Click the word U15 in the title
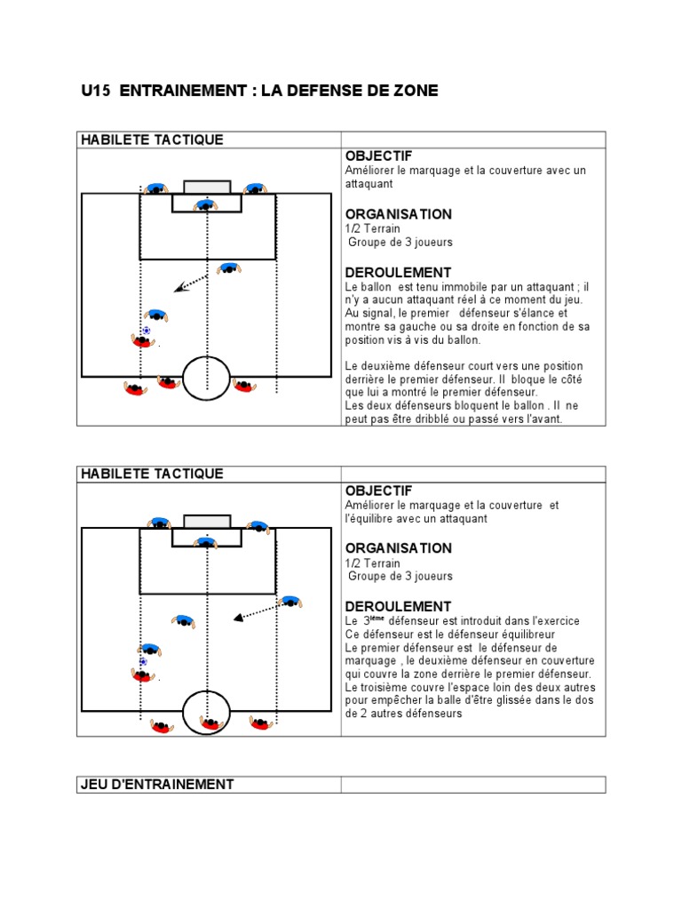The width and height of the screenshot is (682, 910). (95, 91)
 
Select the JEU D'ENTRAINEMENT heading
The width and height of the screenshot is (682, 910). (157, 784)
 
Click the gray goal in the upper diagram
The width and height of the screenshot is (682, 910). (207, 187)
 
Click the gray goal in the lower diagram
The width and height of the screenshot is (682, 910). (207, 521)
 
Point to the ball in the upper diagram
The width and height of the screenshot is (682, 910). (147, 331)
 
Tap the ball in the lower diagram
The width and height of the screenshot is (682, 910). (143, 662)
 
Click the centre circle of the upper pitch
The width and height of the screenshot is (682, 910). (207, 379)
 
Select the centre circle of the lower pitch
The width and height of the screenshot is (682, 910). (207, 712)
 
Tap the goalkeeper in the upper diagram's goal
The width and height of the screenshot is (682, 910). (206, 205)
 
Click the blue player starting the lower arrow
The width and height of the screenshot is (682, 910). (289, 603)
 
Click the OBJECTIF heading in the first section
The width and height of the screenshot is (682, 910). (378, 156)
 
